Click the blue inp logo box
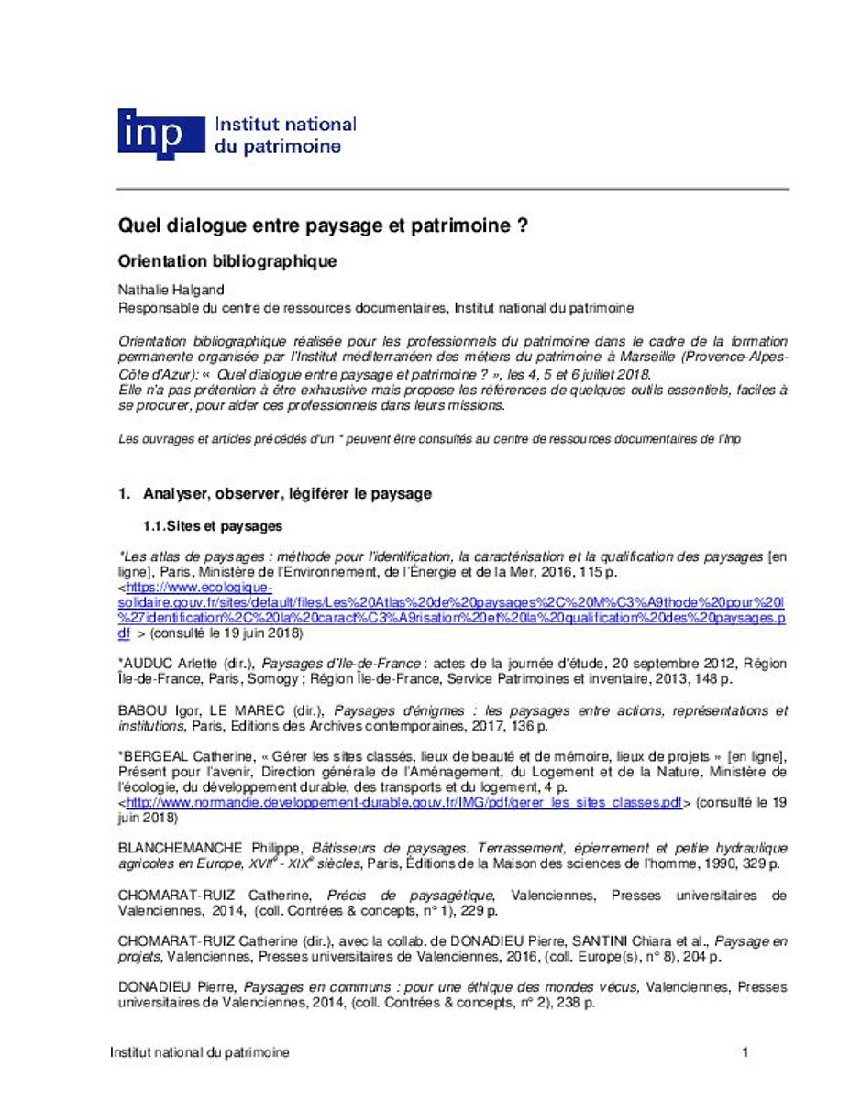tap(161, 134)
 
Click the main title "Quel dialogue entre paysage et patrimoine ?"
tap(323, 225)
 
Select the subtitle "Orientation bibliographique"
tap(228, 261)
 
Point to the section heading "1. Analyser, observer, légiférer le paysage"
tap(274, 493)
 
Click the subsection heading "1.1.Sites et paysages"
tap(212, 526)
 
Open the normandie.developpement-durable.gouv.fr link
tap(403, 802)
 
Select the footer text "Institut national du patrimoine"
tap(199, 1053)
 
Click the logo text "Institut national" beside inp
tap(284, 124)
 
